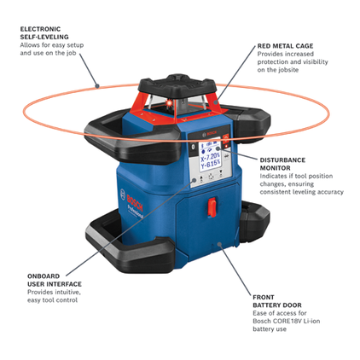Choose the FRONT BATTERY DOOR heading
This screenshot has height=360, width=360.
click(274, 300)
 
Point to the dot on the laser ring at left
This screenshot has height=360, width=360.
click(98, 84)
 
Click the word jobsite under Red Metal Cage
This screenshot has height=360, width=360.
click(282, 71)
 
